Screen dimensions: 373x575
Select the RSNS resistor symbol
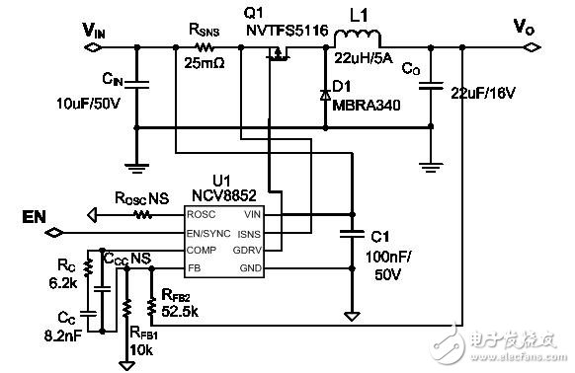pyautogui.click(x=205, y=47)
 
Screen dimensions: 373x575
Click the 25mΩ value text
pyautogui.click(x=205, y=65)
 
